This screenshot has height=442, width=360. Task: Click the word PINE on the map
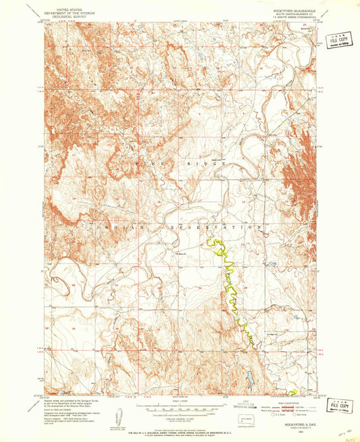pos(145,164)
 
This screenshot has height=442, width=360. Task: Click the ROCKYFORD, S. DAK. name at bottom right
pos(291,414)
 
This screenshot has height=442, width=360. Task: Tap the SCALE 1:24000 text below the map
pos(178,399)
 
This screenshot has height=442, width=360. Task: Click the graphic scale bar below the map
pos(178,407)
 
